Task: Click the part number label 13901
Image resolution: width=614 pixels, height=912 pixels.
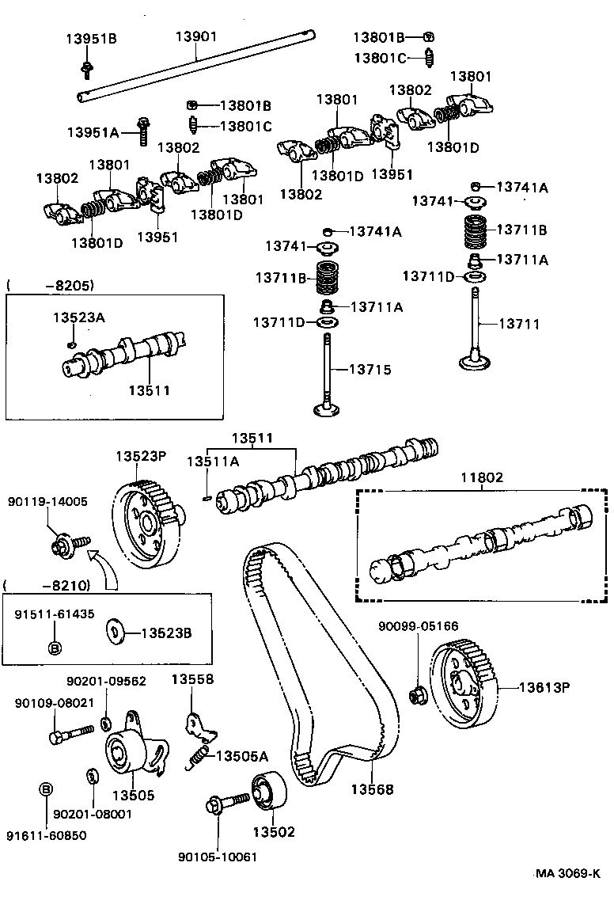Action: (x=196, y=36)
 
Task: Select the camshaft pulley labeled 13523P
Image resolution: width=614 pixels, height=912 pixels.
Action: (x=147, y=526)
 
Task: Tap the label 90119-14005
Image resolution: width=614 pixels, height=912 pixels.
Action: (x=47, y=501)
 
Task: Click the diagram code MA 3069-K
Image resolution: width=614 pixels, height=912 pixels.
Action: (x=567, y=873)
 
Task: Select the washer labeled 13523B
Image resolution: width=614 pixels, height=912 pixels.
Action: (x=116, y=633)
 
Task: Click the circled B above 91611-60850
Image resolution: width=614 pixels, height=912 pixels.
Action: (x=46, y=789)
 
